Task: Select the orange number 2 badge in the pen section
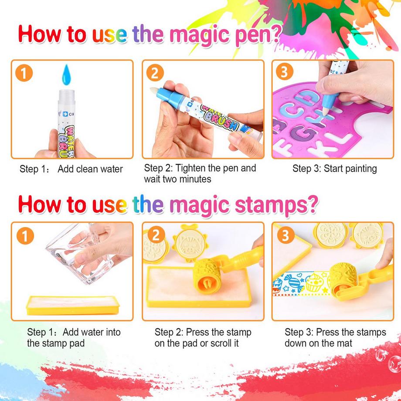point(155,73)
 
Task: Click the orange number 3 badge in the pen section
point(284,72)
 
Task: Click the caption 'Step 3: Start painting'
point(334,168)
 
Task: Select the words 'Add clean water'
point(90,169)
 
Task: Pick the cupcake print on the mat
point(312,284)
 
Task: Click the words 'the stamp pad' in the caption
point(56,343)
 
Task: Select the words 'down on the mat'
point(318,343)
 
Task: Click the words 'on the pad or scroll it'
point(197,343)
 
